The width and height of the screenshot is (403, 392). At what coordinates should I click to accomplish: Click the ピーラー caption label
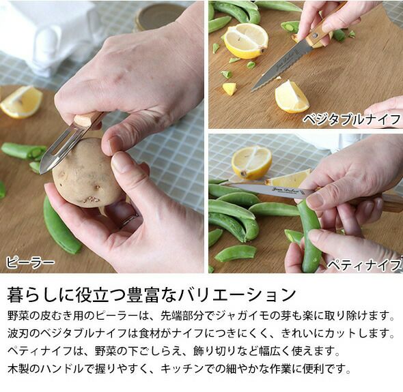click(x=30, y=262)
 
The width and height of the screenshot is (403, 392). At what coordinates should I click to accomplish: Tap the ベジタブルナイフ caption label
click(x=352, y=119)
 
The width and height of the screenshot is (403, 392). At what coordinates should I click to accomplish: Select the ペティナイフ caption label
click(x=364, y=265)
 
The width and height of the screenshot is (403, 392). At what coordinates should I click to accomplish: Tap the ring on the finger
click(x=130, y=220)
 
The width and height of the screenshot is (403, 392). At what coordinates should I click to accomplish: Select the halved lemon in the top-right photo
click(x=246, y=41)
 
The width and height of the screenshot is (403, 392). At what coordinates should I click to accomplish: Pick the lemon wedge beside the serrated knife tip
click(x=292, y=97)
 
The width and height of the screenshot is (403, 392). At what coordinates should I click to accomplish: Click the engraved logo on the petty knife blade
click(x=286, y=191)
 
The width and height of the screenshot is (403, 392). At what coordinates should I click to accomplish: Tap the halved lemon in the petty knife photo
click(x=251, y=162)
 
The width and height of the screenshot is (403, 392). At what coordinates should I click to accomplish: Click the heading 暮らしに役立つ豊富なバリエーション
click(x=152, y=295)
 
